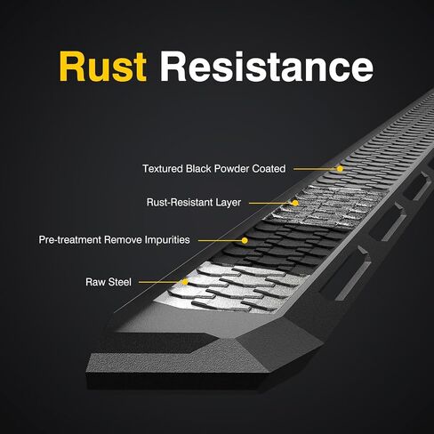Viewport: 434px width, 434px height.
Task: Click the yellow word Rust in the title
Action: point(103,67)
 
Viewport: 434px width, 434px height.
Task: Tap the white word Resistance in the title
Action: point(267,67)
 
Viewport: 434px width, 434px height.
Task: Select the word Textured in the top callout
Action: point(163,169)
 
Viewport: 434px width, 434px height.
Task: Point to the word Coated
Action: point(269,169)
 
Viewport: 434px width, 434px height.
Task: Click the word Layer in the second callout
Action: point(229,203)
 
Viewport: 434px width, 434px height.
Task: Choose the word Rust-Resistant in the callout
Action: point(180,203)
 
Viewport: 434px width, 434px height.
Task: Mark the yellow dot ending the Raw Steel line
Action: point(185,282)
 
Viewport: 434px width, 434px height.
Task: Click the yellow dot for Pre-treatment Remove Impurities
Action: point(245,240)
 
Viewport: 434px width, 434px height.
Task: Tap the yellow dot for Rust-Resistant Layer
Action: point(295,203)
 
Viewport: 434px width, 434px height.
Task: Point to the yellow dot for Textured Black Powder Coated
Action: point(340,169)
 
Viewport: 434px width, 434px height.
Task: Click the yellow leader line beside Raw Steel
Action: point(161,282)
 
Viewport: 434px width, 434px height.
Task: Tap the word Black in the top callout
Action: point(198,169)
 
